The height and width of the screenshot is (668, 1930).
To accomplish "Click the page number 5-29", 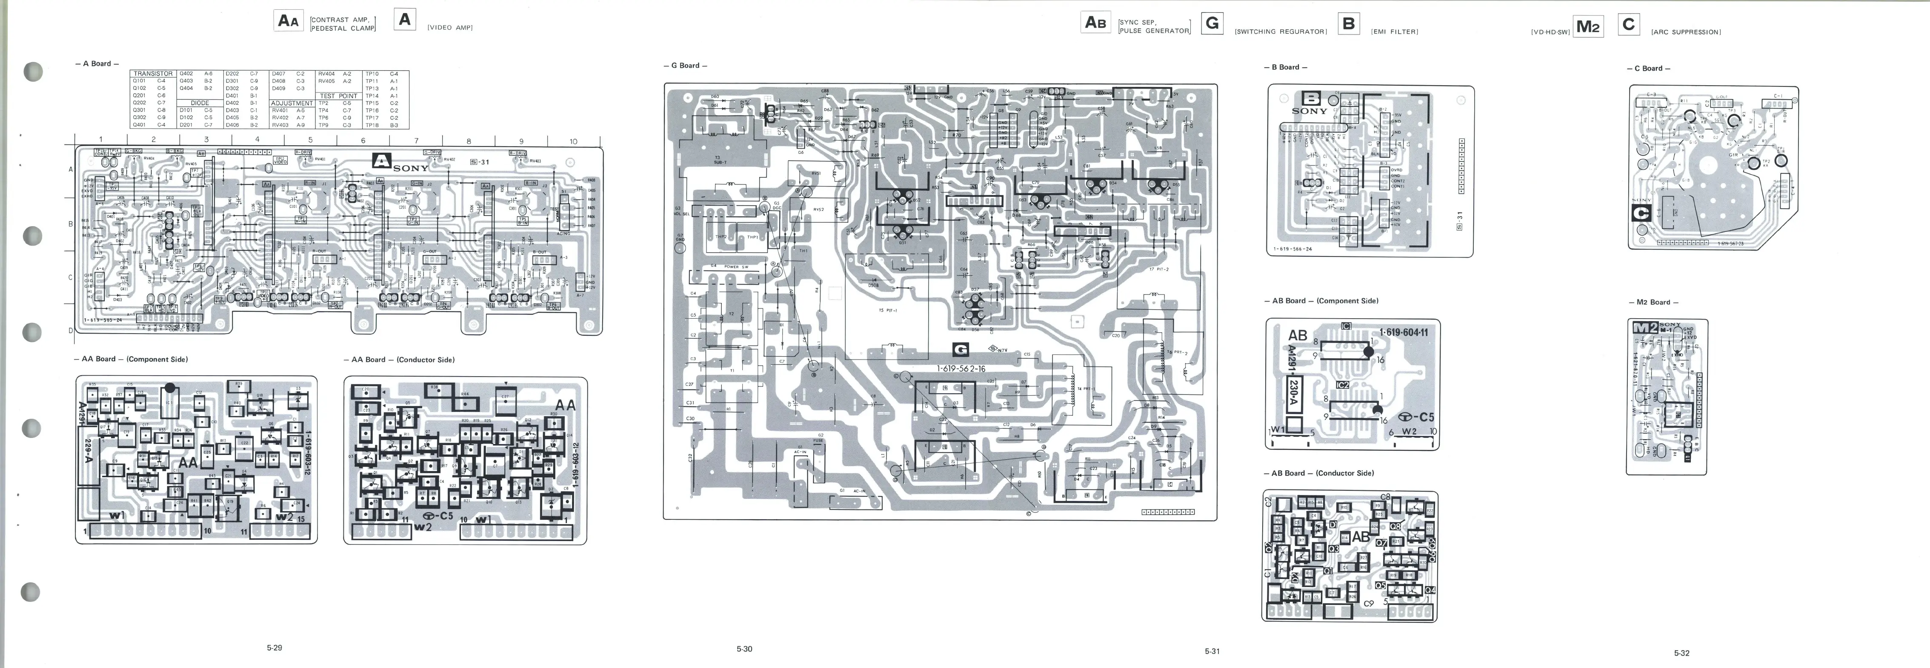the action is click(x=274, y=648).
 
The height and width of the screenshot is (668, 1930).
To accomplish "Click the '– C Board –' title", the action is click(x=1648, y=68).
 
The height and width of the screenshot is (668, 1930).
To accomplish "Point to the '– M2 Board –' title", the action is click(x=1653, y=302).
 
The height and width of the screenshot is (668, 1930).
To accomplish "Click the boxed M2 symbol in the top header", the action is click(x=1587, y=27).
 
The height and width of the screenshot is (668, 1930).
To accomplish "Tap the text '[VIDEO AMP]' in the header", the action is click(x=449, y=28).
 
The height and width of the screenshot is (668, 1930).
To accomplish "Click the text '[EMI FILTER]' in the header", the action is click(x=1394, y=32).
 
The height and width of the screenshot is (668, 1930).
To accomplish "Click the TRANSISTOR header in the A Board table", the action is click(x=153, y=73).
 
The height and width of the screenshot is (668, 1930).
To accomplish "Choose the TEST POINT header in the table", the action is click(x=339, y=96).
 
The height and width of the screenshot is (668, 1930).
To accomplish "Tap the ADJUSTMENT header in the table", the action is click(x=292, y=104).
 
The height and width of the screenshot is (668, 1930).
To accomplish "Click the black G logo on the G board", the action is click(x=960, y=349).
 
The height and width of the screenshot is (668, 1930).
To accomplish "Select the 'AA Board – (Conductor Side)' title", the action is click(x=399, y=360).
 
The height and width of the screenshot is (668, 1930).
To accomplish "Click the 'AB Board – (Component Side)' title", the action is click(x=1321, y=301).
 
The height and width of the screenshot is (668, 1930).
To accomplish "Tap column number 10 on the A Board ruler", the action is click(x=573, y=141).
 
